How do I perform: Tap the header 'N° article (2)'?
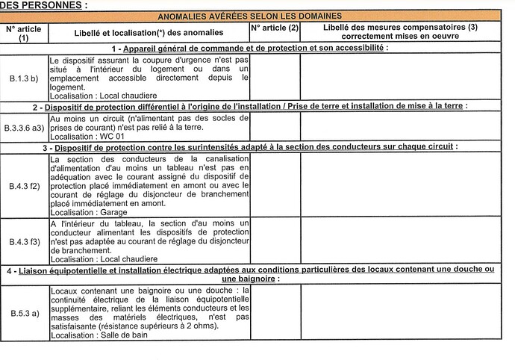(x=275, y=28)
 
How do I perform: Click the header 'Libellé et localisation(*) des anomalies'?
(x=148, y=33)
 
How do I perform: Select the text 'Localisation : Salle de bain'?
(x=99, y=335)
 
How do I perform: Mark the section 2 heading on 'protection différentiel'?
(x=255, y=106)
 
